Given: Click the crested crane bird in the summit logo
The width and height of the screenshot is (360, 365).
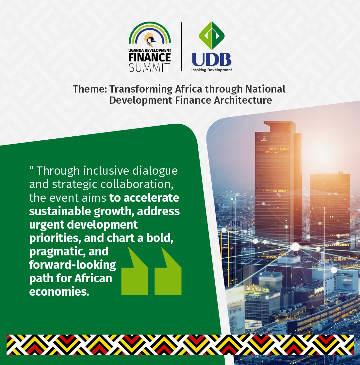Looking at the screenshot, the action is tap(150, 40).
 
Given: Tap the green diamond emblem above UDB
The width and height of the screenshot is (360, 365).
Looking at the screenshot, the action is tap(212, 35).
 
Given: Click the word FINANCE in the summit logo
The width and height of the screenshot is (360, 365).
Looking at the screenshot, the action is tap(150, 58).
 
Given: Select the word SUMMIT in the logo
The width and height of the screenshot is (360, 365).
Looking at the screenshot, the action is tap(149, 68).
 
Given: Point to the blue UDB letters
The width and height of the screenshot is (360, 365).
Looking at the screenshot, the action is tap(212, 60).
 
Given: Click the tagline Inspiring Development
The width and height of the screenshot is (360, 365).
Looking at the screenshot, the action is tap(212, 70).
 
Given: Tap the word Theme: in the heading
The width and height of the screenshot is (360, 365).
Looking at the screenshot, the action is tap(90, 89).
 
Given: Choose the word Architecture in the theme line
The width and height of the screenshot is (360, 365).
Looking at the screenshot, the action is tap(243, 100).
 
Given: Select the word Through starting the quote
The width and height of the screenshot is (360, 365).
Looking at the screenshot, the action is tap(58, 171).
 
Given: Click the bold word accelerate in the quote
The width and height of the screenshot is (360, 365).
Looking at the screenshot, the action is tap(151, 198).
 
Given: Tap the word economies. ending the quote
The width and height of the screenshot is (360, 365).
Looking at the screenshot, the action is tap(59, 292).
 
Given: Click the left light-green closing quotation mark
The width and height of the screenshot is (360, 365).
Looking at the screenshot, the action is tap(135, 271).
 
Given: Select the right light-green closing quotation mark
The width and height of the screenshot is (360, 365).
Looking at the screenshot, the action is tap(168, 271).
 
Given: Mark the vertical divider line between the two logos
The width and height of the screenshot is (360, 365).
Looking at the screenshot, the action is tap(181, 46).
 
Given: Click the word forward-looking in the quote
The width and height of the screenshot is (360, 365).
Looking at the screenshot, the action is tap(73, 265).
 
